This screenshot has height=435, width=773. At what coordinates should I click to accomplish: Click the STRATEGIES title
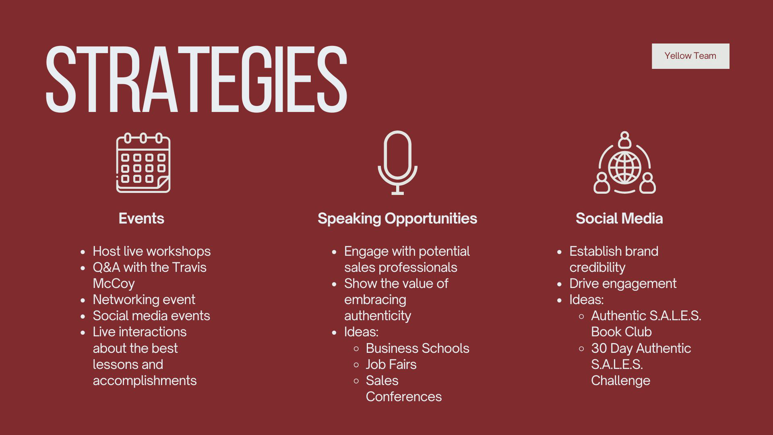[x=196, y=79]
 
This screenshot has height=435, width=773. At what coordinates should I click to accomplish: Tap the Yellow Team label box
[x=690, y=56]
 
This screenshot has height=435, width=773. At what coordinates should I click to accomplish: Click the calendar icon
[x=143, y=163]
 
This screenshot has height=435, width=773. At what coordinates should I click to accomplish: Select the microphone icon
[x=397, y=163]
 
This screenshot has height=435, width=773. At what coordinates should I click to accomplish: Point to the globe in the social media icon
[x=624, y=167]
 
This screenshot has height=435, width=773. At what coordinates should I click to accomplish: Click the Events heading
[x=141, y=218]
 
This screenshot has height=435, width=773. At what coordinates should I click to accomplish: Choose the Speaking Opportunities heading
[x=397, y=219]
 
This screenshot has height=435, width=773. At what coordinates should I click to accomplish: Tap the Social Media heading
[x=619, y=218]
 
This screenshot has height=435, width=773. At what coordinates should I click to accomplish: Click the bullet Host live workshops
[x=152, y=251]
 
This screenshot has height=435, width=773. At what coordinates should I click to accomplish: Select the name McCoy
[x=114, y=284]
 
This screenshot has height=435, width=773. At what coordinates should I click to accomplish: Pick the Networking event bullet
[x=144, y=300]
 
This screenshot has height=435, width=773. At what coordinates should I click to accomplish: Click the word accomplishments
[x=145, y=381]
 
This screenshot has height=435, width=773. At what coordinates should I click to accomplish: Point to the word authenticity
[x=378, y=316]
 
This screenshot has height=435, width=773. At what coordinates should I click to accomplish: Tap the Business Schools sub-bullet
[x=418, y=348]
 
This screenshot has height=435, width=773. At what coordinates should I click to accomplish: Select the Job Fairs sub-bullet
[x=391, y=364]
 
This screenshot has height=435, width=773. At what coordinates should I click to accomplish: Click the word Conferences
[x=404, y=397]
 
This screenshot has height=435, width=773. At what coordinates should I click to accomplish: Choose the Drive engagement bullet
[x=623, y=284]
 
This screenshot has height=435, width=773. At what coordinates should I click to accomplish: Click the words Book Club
[x=621, y=332]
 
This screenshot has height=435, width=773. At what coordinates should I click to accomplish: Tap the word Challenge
[x=620, y=381]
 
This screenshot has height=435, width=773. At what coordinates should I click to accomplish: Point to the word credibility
[x=597, y=267]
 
